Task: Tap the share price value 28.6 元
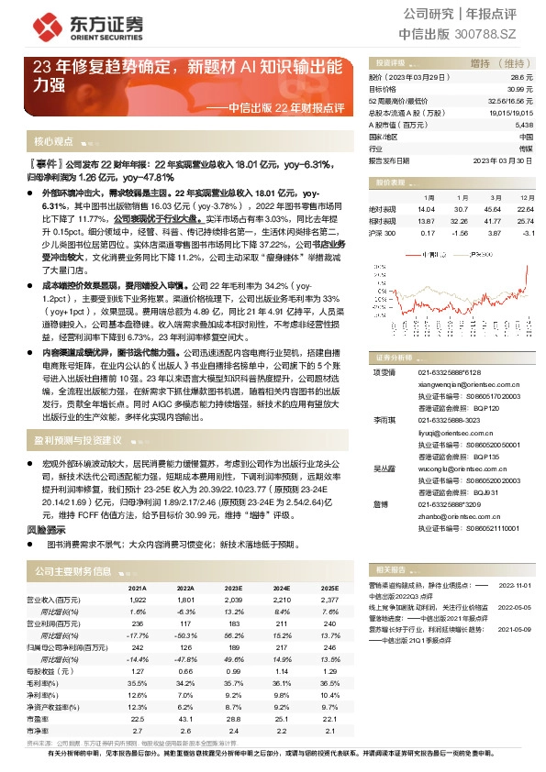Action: click(524, 79)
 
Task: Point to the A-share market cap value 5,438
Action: click(524, 124)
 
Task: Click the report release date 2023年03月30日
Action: click(503, 159)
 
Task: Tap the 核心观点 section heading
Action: click(54, 142)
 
